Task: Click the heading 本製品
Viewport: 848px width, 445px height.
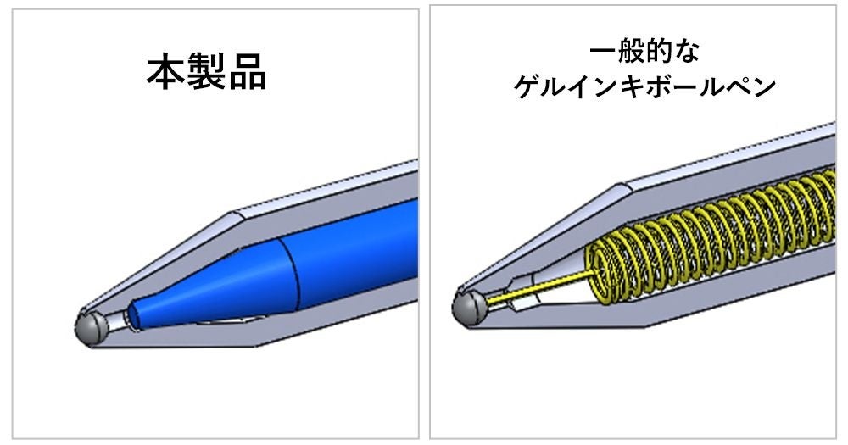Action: (207, 75)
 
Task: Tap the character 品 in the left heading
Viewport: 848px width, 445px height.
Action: (247, 75)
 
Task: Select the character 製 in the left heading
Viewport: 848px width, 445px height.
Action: (207, 75)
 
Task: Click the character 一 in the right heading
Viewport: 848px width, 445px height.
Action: (603, 53)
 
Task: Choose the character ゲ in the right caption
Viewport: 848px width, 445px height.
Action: (527, 86)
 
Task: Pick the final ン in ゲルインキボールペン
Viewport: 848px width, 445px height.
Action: (762, 86)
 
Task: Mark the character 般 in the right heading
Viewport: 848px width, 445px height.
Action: (631, 53)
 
